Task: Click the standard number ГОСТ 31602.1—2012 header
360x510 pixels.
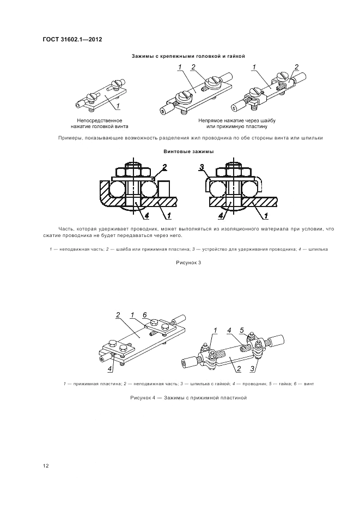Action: click(72, 39)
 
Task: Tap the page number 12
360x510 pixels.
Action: click(46, 466)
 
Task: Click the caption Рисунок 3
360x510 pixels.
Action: click(188, 263)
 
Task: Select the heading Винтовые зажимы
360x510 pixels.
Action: click(188, 151)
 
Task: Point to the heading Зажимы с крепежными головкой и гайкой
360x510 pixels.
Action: click(188, 56)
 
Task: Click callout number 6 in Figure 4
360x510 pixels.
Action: click(145, 314)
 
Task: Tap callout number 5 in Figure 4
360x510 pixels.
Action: click(242, 330)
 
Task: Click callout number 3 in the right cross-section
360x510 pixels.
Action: click(202, 168)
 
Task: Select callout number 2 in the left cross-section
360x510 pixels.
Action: click(164, 168)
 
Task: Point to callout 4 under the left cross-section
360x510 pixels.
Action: click(147, 215)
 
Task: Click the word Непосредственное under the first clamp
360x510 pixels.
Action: click(100, 120)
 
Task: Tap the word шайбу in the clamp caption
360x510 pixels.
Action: click(267, 120)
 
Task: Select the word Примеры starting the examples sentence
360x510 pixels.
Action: click(69, 138)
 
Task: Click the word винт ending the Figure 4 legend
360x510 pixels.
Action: click(309, 384)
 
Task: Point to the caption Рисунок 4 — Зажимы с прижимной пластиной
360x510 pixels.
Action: click(188, 397)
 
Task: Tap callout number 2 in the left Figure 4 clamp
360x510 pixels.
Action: click(118, 315)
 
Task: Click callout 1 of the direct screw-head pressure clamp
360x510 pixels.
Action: click(118, 106)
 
